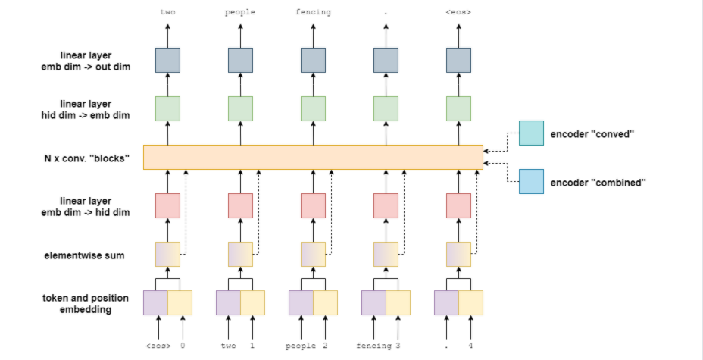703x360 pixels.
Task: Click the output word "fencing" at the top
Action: point(313,13)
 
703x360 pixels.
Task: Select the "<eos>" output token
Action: point(458,13)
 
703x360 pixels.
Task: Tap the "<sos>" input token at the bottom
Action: point(158,346)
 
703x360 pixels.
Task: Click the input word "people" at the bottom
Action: point(301,346)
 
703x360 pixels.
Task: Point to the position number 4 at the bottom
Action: point(470,346)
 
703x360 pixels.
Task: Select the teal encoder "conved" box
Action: point(531,133)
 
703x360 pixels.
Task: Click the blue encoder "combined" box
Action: point(531,181)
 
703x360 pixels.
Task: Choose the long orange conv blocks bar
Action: point(313,157)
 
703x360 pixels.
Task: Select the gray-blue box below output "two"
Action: point(167,60)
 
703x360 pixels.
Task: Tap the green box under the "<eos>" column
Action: point(458,108)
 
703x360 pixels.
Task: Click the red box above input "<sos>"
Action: point(167,205)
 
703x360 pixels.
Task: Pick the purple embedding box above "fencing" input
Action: point(373,302)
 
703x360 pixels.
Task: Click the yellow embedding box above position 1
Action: point(252,302)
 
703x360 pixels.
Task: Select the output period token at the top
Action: point(386,13)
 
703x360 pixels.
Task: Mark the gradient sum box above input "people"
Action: point(313,254)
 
